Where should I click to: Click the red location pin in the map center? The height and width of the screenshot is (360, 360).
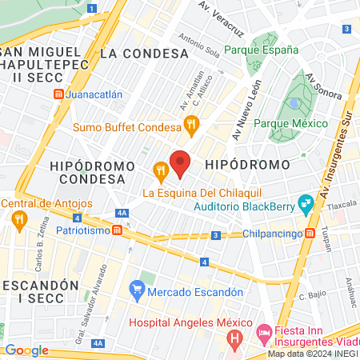[x=180, y=163]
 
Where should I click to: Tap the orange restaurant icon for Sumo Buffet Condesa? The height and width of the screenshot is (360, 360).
[x=190, y=124]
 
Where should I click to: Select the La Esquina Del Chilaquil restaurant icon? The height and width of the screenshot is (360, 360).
[x=160, y=170]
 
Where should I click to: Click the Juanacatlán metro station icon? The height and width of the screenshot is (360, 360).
[x=59, y=94]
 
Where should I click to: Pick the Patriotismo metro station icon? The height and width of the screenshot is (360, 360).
[x=118, y=230]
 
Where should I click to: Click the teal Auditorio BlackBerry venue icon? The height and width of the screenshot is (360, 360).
[x=304, y=203]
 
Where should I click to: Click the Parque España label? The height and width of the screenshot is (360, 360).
[x=261, y=49]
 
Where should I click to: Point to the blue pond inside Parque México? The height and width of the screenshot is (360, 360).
[x=295, y=103]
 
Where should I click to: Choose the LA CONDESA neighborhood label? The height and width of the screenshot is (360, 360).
[x=144, y=54]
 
